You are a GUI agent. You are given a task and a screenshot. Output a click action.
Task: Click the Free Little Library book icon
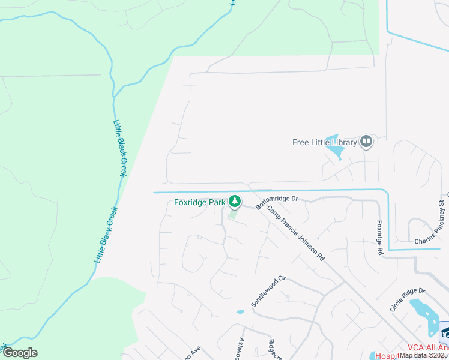[366, 142]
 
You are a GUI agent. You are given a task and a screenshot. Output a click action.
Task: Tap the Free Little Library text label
[324, 143]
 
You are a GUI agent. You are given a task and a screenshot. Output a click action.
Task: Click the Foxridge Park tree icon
[237, 202]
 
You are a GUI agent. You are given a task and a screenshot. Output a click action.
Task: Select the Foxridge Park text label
[200, 203]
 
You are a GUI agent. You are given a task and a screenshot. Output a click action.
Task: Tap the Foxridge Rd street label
[379, 238]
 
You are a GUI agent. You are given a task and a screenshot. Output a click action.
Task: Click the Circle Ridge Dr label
[407, 298]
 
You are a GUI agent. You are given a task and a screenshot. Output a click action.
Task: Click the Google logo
[20, 353]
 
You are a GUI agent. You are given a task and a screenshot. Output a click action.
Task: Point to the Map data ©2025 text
[424, 355]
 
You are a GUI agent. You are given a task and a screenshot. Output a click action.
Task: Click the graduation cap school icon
[445, 331]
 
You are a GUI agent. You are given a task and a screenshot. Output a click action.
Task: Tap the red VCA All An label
[427, 347]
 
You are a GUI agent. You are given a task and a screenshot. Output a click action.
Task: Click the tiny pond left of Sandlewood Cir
[241, 311]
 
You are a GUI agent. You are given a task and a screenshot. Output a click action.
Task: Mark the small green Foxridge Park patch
[233, 214]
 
